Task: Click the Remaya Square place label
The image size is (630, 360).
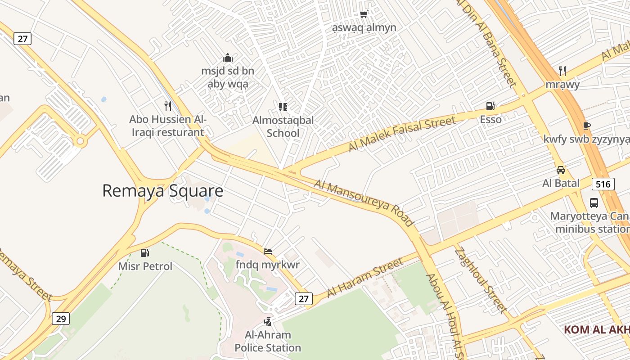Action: click(x=162, y=191)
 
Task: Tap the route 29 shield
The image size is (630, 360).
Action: click(x=61, y=319)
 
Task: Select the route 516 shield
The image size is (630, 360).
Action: click(x=603, y=184)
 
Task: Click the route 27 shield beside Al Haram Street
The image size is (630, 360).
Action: click(x=304, y=299)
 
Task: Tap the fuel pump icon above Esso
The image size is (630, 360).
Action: click(x=490, y=106)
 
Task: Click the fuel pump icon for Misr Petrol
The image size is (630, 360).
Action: click(x=144, y=253)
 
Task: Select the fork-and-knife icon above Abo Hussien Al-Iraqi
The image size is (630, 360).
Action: click(x=168, y=106)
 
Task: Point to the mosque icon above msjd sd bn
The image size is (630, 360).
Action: click(x=228, y=58)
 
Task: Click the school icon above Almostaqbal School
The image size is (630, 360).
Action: click(x=283, y=107)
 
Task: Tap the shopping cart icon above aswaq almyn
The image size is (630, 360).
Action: click(x=364, y=14)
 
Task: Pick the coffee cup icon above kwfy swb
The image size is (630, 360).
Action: click(x=586, y=126)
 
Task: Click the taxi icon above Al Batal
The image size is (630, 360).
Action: click(x=560, y=170)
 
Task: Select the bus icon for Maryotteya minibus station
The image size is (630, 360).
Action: click(x=594, y=202)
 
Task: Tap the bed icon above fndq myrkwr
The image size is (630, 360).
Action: click(x=268, y=251)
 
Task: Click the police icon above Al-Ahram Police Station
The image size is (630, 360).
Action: click(x=268, y=321)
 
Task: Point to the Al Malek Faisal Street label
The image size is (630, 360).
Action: click(x=401, y=134)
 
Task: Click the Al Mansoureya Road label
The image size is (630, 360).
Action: click(x=364, y=203)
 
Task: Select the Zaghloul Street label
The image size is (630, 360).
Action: click(x=480, y=279)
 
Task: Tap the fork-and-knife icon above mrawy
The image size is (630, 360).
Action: click(x=562, y=71)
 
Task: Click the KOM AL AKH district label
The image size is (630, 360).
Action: click(x=597, y=329)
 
